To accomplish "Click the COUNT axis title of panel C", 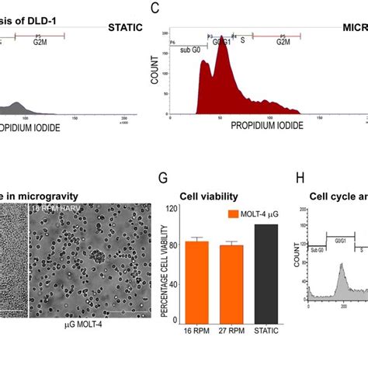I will click(158, 71).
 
